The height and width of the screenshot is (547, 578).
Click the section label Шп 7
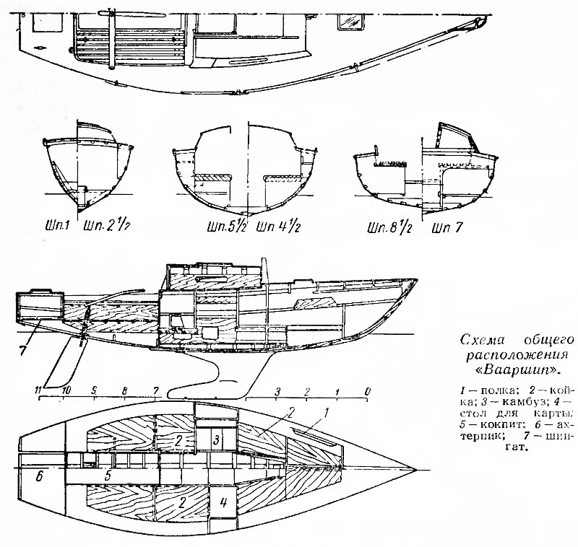pyautogui.click(x=448, y=229)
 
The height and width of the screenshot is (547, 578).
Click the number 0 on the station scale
pyautogui.click(x=368, y=390)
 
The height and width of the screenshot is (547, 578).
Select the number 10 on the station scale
pyautogui.click(x=66, y=390)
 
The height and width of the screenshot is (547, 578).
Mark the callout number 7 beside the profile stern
pyautogui.click(x=24, y=333)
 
